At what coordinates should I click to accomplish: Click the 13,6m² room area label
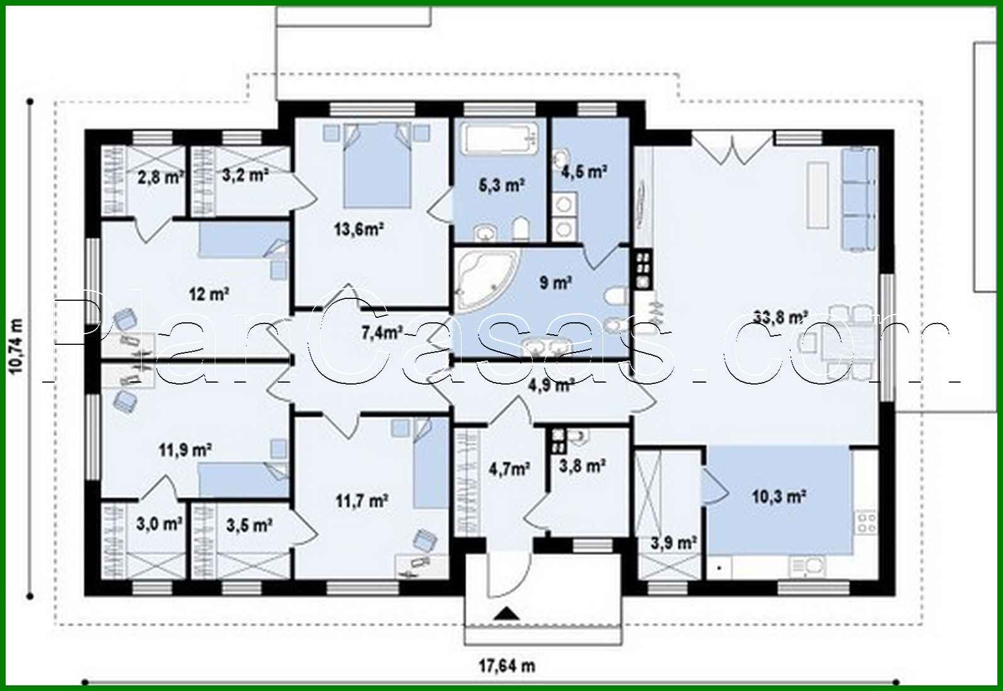click(x=359, y=229)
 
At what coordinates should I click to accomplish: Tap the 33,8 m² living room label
click(x=780, y=317)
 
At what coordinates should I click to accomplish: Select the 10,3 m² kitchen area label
click(x=779, y=497)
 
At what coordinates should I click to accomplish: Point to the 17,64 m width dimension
click(x=507, y=665)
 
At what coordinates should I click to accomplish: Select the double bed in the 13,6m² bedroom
click(x=376, y=165)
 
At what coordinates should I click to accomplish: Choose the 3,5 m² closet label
click(x=249, y=524)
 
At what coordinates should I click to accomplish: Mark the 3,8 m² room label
click(x=582, y=466)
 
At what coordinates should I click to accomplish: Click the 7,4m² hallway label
click(x=382, y=332)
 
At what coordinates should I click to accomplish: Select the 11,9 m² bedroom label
click(x=184, y=450)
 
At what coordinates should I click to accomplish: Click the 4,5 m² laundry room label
click(x=584, y=171)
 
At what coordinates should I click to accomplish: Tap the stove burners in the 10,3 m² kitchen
click(x=866, y=522)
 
